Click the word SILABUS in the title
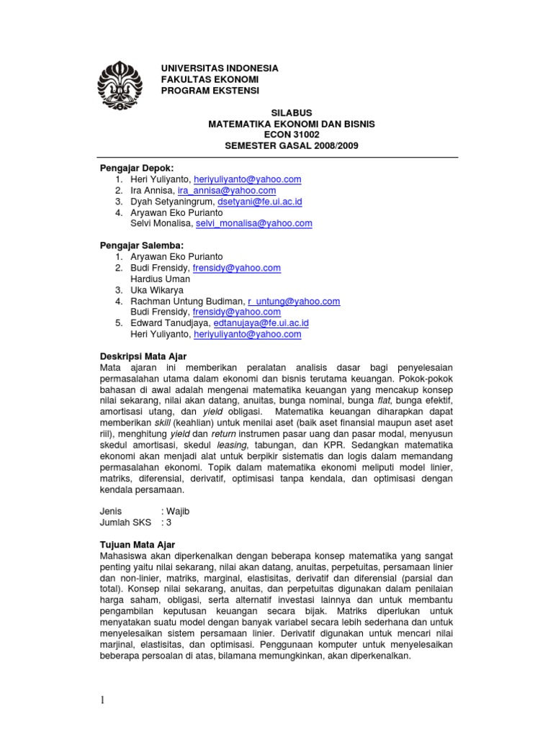291,113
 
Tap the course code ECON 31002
291,135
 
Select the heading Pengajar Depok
137,168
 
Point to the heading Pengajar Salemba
140,245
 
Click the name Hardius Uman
161,279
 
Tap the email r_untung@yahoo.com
294,301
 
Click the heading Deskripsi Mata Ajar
143,356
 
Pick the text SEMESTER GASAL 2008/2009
291,145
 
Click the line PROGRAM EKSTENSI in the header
210,90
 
